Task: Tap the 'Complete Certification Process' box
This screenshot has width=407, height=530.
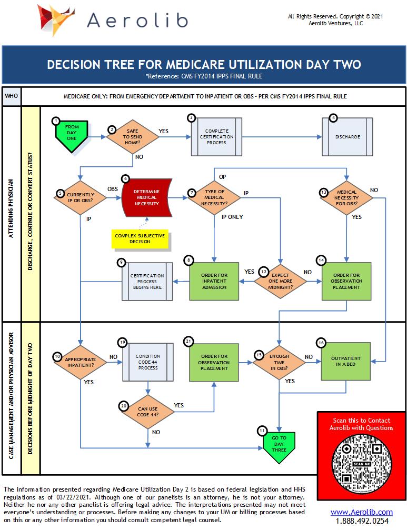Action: (x=216, y=136)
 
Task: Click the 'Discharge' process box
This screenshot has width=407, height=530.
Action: (x=348, y=136)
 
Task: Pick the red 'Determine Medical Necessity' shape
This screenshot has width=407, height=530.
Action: (x=147, y=198)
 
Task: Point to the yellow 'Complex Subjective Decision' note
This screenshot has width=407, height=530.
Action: (x=140, y=238)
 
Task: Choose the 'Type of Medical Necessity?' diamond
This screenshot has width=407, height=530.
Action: (x=215, y=198)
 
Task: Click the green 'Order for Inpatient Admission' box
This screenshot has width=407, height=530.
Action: (x=215, y=281)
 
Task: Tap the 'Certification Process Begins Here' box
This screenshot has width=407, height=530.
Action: (x=147, y=281)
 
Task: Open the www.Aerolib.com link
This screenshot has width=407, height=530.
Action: (x=361, y=512)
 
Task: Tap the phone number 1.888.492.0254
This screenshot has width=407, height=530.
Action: (x=361, y=521)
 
